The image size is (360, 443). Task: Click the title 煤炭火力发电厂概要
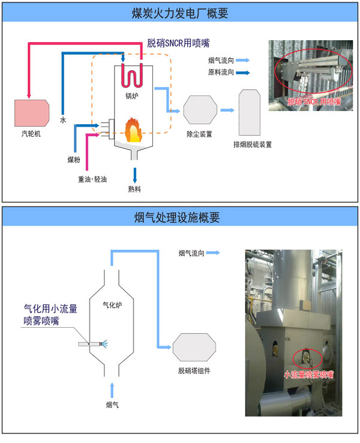180,13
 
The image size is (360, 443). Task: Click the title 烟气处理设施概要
180,217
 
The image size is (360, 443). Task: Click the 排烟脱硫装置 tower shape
249,113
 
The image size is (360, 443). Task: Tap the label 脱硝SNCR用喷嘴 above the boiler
179,43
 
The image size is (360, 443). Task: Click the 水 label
62,119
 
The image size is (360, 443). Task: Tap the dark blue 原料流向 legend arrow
242,73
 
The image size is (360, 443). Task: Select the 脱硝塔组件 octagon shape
194,348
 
